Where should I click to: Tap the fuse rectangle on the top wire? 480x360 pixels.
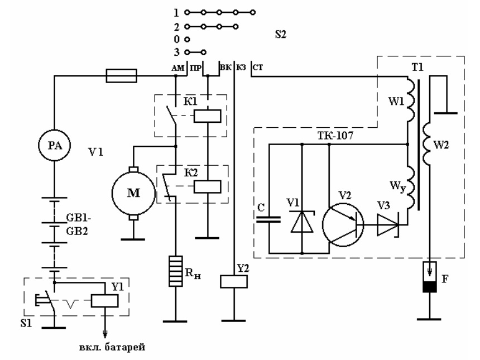click(121, 76)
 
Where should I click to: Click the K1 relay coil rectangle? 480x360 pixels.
click(207, 116)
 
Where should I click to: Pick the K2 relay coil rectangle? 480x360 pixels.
click(207, 186)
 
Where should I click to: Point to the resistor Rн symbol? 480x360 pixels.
click(176, 271)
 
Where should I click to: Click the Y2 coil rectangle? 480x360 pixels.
click(234, 281)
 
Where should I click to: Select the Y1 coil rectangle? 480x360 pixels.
click(105, 301)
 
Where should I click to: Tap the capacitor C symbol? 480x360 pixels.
click(269, 219)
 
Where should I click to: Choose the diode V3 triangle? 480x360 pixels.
click(388, 225)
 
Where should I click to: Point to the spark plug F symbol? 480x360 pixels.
click(430, 277)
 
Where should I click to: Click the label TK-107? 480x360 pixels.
click(335, 135)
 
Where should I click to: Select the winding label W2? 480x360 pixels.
click(441, 145)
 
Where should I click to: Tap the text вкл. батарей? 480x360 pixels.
click(112, 348)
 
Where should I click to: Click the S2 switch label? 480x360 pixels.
click(280, 34)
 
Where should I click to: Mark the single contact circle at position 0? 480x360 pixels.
click(188, 39)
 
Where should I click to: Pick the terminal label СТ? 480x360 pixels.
click(258, 68)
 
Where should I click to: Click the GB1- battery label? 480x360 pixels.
click(78, 218)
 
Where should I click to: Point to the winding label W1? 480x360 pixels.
click(396, 101)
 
